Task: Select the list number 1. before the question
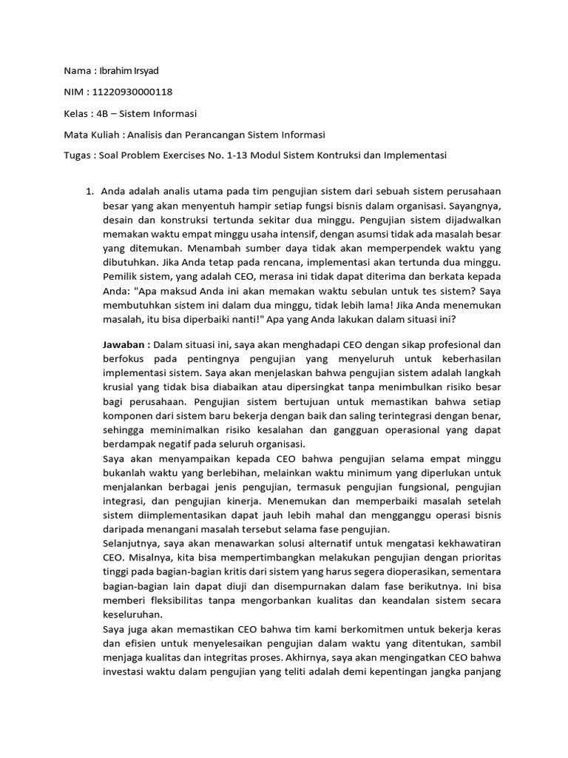point(89,192)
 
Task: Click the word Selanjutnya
point(132,544)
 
